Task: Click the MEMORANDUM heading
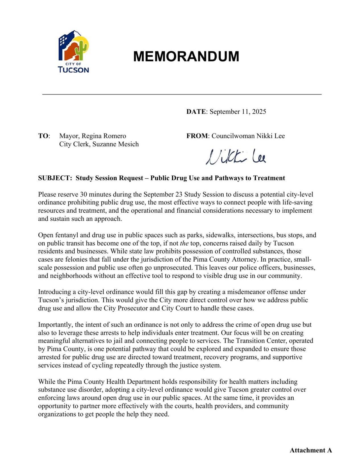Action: [186, 56]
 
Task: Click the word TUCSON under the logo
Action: [73, 70]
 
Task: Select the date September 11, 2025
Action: [238, 112]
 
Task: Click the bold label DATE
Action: [196, 112]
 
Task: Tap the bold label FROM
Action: [197, 136]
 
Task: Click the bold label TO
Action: [43, 136]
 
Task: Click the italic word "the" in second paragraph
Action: [184, 243]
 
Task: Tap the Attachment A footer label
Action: [310, 450]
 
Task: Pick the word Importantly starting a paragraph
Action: [55, 325]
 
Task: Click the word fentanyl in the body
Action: [67, 235]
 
